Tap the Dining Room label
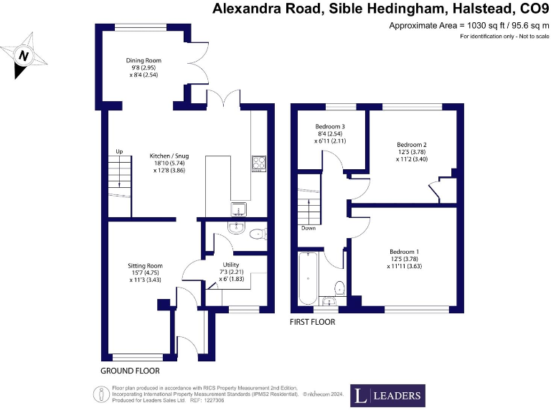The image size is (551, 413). [x=141, y=61]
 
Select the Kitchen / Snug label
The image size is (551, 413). [x=166, y=156]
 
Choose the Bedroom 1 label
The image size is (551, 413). [x=404, y=252]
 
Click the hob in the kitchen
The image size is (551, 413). [x=258, y=164]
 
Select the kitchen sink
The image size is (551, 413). [x=237, y=209]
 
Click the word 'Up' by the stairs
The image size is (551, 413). [x=121, y=151]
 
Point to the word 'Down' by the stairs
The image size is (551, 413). [x=309, y=229]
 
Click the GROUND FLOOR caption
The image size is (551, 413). [x=130, y=371]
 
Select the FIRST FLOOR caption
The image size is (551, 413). [x=312, y=322]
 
